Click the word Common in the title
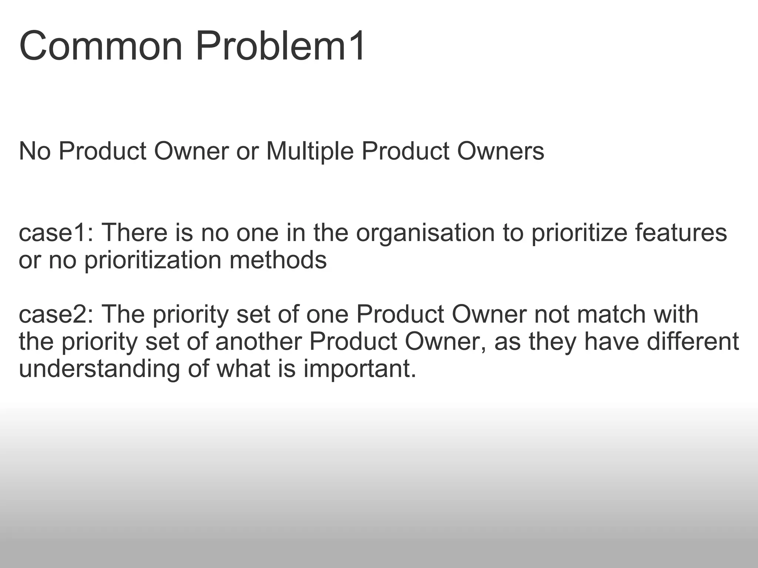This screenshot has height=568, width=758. tap(101, 47)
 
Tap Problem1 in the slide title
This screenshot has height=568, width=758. tap(281, 47)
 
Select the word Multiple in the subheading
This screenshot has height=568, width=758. tap(310, 151)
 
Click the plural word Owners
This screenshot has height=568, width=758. tap(500, 151)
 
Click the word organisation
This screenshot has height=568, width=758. tap(425, 233)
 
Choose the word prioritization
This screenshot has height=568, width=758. tap(153, 260)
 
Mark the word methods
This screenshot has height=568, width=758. tap(278, 260)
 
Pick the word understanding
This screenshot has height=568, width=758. tap(99, 369)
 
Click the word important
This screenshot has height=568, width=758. tap(360, 369)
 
